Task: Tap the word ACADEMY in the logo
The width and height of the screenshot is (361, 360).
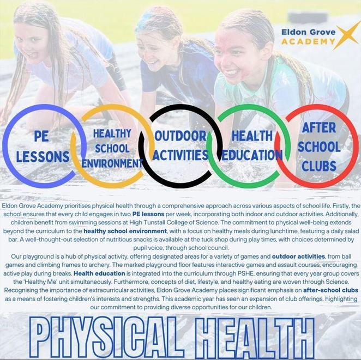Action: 308,41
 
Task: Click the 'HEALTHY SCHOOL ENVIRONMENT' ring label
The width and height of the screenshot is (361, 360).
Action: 112,148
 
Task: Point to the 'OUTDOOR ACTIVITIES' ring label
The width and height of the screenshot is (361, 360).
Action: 180,145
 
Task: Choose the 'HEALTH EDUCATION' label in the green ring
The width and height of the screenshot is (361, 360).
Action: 252,145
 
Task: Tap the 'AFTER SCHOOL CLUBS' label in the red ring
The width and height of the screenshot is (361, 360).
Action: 319,147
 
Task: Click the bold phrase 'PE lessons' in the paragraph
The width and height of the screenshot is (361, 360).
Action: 148,214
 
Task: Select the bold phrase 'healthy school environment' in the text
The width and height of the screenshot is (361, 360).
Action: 125,231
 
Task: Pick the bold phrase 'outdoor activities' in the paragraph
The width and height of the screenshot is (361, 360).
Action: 298,256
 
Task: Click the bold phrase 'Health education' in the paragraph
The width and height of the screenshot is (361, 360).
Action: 99,273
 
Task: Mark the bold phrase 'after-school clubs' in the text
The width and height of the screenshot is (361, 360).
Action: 330,290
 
